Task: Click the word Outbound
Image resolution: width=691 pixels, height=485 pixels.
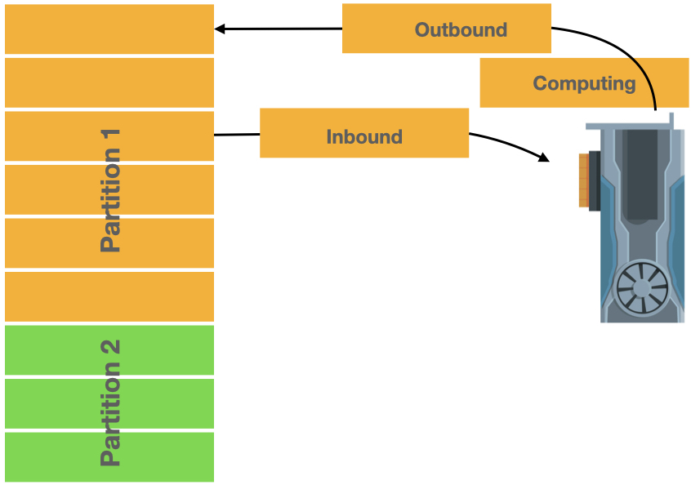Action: coord(461,30)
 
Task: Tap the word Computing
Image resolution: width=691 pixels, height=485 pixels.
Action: coord(584,83)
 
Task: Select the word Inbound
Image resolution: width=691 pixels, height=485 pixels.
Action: coord(364,136)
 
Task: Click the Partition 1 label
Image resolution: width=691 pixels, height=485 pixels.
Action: coord(110,190)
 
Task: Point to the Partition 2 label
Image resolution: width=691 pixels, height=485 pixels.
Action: coord(110,403)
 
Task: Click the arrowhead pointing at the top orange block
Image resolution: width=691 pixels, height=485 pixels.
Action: coord(220,29)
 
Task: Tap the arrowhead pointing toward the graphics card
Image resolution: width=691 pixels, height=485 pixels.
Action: coord(544,158)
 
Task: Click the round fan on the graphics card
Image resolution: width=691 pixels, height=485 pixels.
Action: coord(642,288)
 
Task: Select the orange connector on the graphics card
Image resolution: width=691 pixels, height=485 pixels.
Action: coord(584,180)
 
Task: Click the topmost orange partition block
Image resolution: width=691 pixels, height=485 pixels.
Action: coord(109,29)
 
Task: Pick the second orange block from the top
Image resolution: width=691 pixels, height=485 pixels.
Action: coord(109,82)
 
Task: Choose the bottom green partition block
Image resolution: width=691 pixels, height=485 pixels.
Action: coord(109,456)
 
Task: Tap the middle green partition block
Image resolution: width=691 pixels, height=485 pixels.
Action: coord(109,403)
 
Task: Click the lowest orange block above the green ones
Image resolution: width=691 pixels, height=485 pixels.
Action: coord(109,296)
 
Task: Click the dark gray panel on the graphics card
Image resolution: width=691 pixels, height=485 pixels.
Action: coord(642,175)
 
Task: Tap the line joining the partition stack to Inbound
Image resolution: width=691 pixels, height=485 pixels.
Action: coord(237,135)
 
